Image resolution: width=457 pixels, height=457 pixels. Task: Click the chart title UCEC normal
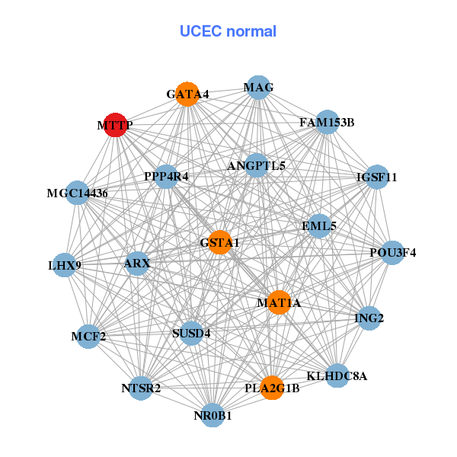click(x=228, y=31)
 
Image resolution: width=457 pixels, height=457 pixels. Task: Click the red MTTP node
click(x=114, y=125)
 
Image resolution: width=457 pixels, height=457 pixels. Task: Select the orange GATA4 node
click(x=187, y=94)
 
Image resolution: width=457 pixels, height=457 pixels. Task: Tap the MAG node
click(x=258, y=87)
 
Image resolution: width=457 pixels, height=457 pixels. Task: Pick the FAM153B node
click(x=327, y=122)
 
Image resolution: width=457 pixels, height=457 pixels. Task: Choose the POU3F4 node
click(x=392, y=253)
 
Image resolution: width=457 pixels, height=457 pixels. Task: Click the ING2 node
click(x=369, y=318)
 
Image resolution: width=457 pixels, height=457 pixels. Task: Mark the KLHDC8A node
click(x=337, y=376)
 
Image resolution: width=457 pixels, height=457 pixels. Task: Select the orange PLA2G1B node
click(x=272, y=388)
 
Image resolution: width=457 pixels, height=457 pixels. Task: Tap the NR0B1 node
click(x=213, y=415)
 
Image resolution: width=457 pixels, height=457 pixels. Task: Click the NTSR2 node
click(x=141, y=388)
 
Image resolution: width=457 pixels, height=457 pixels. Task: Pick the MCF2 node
click(x=88, y=336)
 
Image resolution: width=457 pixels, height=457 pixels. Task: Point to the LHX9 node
click(x=65, y=266)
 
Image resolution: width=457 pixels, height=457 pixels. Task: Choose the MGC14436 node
click(x=78, y=193)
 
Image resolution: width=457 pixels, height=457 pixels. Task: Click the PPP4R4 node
click(x=166, y=176)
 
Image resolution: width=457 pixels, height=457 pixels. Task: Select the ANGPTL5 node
click(x=256, y=165)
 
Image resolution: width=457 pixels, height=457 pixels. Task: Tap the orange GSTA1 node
click(x=219, y=242)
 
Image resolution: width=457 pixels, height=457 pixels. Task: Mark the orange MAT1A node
click(x=279, y=302)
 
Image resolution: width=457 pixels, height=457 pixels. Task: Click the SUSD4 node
click(x=191, y=333)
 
